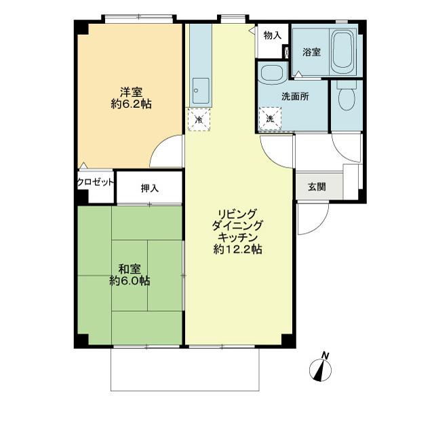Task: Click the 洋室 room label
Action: (131, 92)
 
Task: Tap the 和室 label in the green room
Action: (130, 269)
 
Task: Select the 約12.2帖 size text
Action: (238, 250)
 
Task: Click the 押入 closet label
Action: (149, 189)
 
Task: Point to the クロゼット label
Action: (96, 182)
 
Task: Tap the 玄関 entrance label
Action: (317, 187)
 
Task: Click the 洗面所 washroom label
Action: (295, 96)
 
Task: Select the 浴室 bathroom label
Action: (312, 52)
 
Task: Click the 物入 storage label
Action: (273, 35)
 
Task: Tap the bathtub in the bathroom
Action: (342, 52)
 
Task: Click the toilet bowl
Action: (347, 97)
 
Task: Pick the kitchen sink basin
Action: (201, 90)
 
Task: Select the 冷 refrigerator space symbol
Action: (199, 119)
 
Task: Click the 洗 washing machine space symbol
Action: (270, 119)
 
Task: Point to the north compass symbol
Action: (321, 371)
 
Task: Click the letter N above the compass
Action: (326, 355)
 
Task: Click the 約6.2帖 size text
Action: (131, 104)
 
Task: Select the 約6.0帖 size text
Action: (130, 281)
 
